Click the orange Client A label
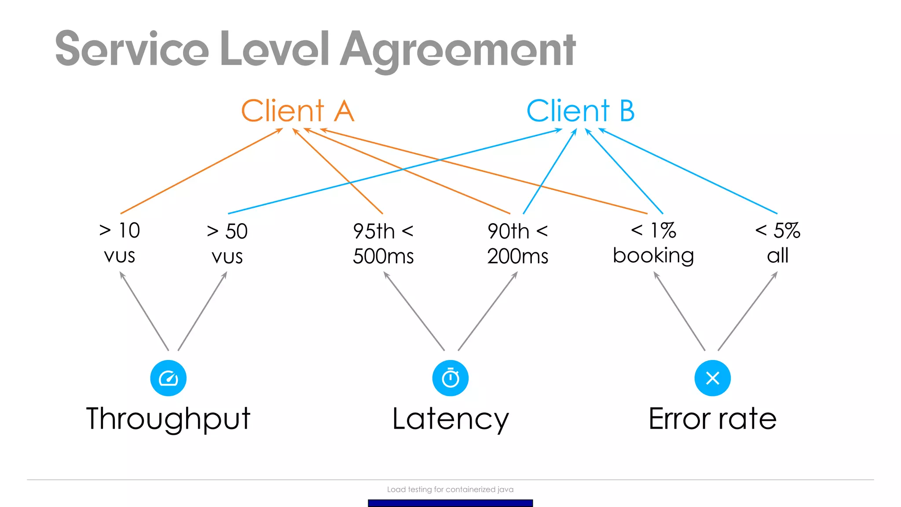pyautogui.click(x=297, y=111)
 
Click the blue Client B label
pyautogui.click(x=580, y=111)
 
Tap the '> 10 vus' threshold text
pyautogui.click(x=120, y=243)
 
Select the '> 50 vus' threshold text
pyautogui.click(x=227, y=243)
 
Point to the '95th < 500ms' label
pyautogui.click(x=383, y=243)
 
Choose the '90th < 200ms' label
pyautogui.click(x=518, y=243)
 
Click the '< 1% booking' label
pyautogui.click(x=653, y=243)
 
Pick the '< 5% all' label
pyautogui.click(x=777, y=243)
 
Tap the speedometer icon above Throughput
pyautogui.click(x=168, y=378)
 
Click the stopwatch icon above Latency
pyautogui.click(x=450, y=378)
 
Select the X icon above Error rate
pyautogui.click(x=712, y=378)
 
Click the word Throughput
pyautogui.click(x=168, y=419)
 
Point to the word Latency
pyautogui.click(x=450, y=419)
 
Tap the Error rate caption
pyautogui.click(x=712, y=419)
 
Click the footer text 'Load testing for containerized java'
pyautogui.click(x=450, y=489)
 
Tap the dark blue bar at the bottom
pyautogui.click(x=450, y=503)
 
